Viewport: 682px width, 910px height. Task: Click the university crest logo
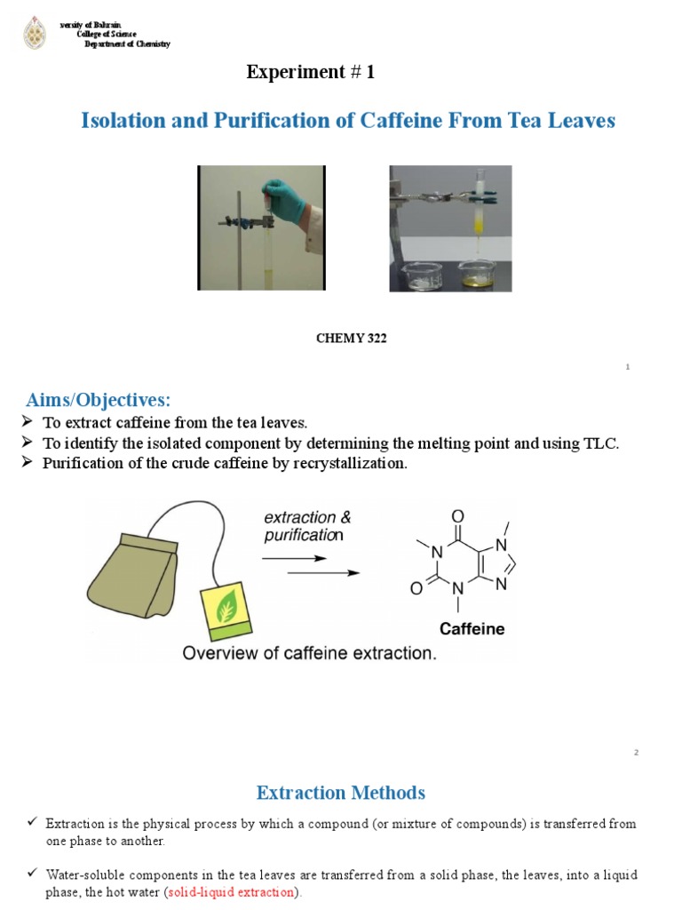pos(35,33)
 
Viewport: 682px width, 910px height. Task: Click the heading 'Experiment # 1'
pos(310,73)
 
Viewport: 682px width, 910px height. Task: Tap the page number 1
pos(627,367)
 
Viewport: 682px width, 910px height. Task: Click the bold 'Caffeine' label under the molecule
pos(472,629)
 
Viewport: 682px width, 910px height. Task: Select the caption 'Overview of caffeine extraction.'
pos(308,653)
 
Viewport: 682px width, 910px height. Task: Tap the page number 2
pos(636,753)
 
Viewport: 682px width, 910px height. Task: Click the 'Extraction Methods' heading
pos(340,792)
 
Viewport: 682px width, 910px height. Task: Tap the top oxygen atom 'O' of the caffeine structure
pos(457,516)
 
